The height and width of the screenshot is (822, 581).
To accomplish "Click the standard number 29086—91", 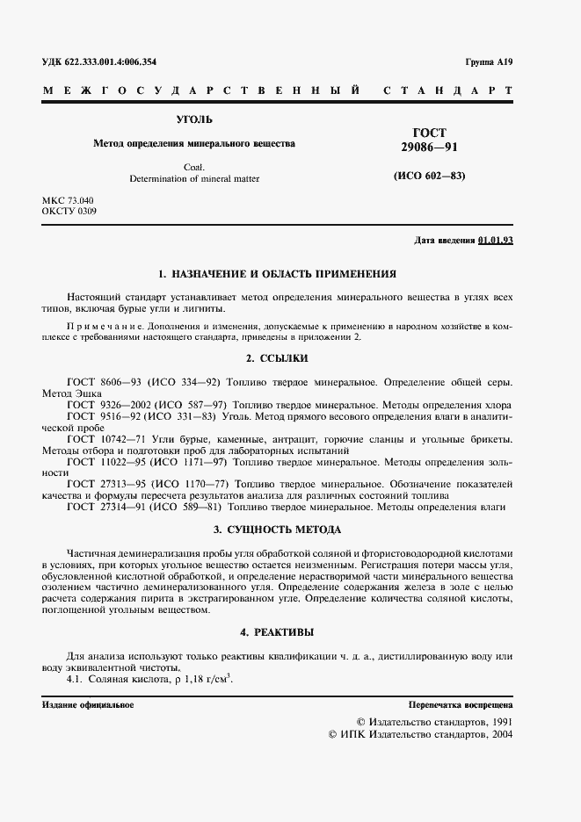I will [430, 148].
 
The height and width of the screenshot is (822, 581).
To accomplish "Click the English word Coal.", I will [194, 166].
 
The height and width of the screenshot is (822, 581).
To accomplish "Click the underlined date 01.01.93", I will [496, 240].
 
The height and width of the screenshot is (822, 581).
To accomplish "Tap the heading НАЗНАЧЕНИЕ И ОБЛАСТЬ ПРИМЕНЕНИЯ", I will [286, 273].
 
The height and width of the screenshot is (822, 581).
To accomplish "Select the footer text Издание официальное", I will [88, 705].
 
